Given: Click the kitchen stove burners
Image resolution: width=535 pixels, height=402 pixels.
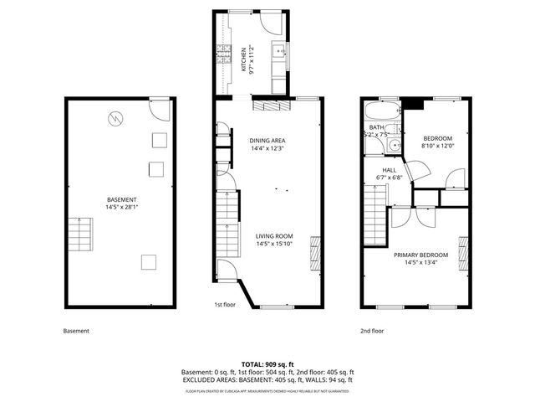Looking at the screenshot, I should tap(223, 58).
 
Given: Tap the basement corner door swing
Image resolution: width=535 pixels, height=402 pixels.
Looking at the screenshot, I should tap(159, 108).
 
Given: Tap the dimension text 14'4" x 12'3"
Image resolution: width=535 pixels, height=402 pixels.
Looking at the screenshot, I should tap(267, 148).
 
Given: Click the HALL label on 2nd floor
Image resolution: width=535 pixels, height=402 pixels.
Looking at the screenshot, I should tap(390, 168).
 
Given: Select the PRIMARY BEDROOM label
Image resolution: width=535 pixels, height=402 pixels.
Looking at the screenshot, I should tap(421, 255).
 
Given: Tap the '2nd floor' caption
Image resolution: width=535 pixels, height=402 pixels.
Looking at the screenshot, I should tap(372, 331).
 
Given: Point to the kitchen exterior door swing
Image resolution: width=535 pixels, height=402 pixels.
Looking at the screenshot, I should tap(274, 24).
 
